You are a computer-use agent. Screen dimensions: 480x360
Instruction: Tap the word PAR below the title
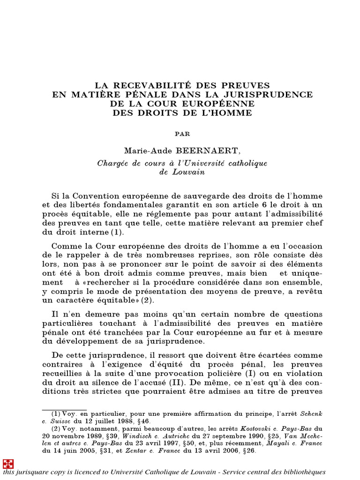point(182,134)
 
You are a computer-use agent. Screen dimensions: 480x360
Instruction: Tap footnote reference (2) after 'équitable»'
point(147,300)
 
